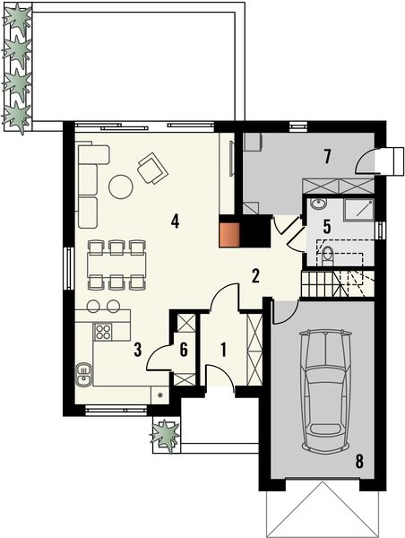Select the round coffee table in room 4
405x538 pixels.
click(x=120, y=187)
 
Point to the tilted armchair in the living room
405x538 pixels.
click(x=151, y=167)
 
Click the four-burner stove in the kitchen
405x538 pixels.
click(x=104, y=334)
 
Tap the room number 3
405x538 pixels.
click(x=137, y=350)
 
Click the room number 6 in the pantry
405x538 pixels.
click(x=185, y=350)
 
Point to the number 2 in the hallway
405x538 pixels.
click(x=255, y=276)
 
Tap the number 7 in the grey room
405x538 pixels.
click(x=328, y=157)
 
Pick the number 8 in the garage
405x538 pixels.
click(x=359, y=463)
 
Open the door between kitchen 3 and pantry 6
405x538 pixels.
click(x=159, y=359)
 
